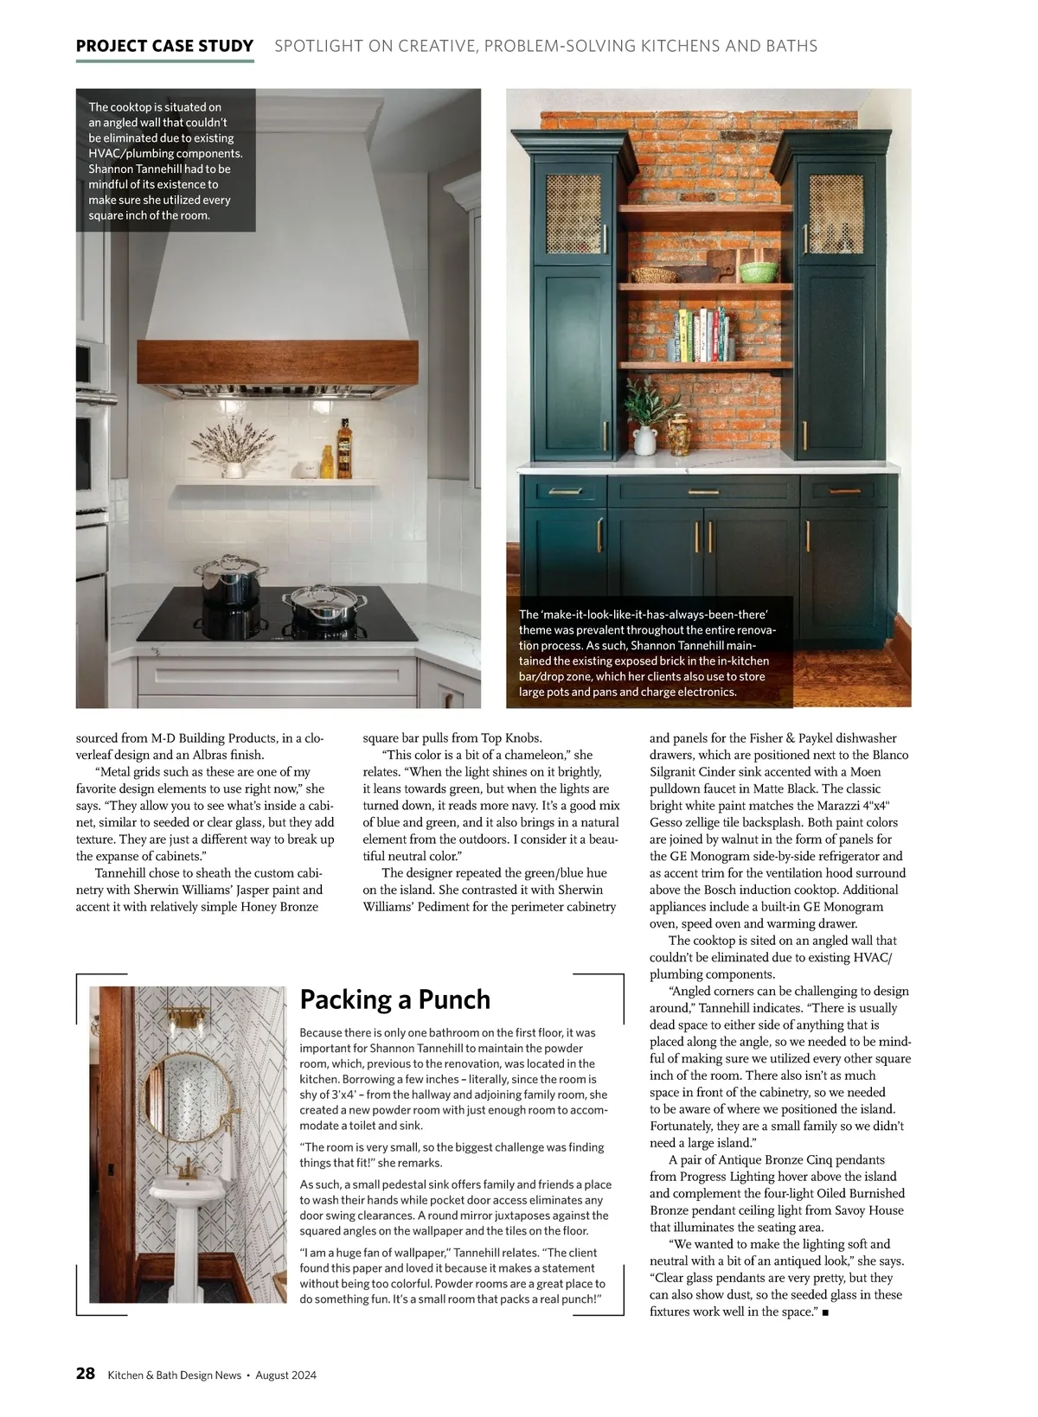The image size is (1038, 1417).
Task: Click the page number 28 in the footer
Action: coord(86,1374)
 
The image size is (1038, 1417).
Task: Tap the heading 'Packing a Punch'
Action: coord(394,999)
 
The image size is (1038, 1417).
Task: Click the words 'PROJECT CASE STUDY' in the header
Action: coord(164,46)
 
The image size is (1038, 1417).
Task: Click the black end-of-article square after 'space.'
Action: coord(826,1312)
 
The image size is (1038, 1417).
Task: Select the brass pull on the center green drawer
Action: coord(702,492)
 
